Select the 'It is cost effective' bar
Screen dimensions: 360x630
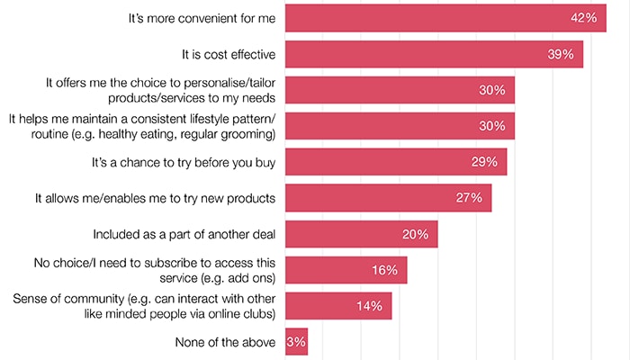(x=432, y=54)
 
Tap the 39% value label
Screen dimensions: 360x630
(x=562, y=54)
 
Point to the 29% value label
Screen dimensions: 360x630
(x=485, y=162)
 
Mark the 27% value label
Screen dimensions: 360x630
(x=470, y=198)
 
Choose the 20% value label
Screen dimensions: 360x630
(x=416, y=234)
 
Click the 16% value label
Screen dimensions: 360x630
(x=385, y=270)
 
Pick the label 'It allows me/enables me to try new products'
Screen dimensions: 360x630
(x=155, y=198)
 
